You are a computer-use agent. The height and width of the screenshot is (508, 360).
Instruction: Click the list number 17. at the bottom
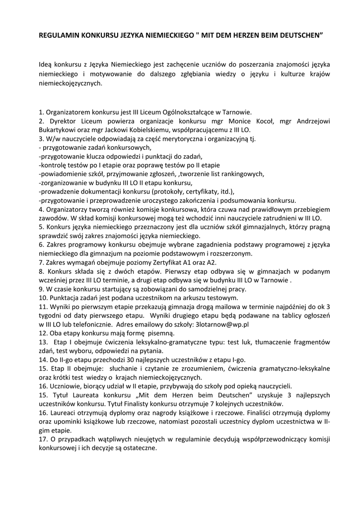point(43,440)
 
